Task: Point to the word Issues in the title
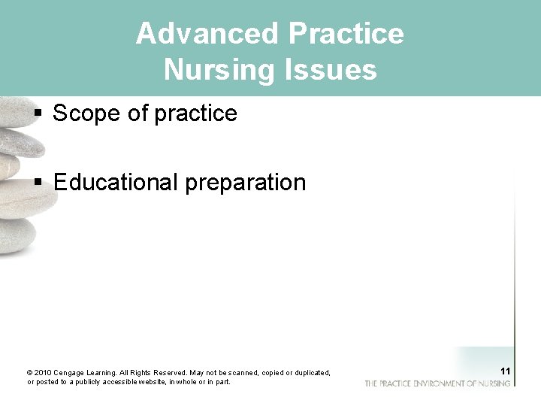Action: [x=334, y=70]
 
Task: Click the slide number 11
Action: [x=505, y=371]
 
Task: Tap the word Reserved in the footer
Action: [x=170, y=373]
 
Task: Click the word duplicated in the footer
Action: [x=310, y=373]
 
